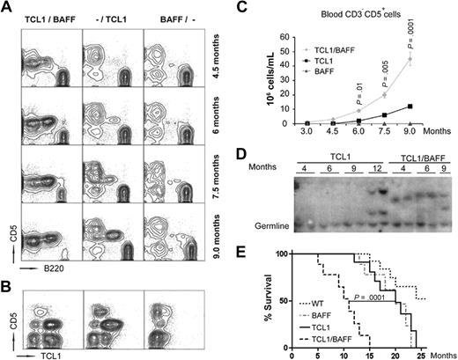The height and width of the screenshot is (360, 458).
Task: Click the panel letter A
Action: pyautogui.click(x=8, y=8)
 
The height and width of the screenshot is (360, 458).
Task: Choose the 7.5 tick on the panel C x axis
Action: pyautogui.click(x=386, y=134)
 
